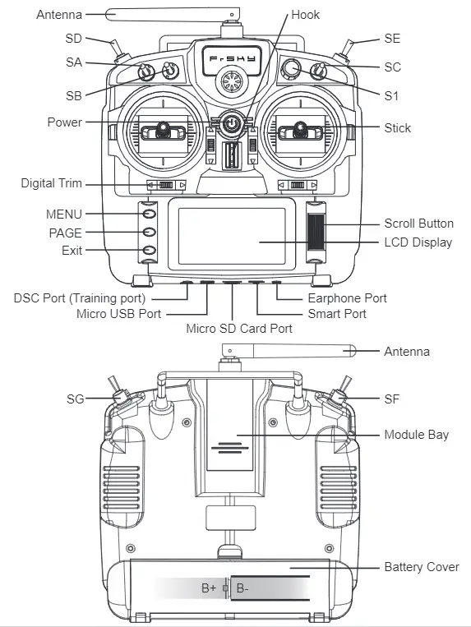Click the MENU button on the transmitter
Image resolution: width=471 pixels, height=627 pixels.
point(149,214)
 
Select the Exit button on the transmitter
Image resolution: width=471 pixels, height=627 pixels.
point(149,250)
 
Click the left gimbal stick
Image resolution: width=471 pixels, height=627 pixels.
point(163,128)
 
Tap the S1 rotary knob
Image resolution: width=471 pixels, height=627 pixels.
point(292,68)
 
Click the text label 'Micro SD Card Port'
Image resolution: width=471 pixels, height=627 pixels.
point(238,329)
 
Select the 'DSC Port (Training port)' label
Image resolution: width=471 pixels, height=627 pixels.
point(80,297)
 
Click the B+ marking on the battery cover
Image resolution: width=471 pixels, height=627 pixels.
point(209,588)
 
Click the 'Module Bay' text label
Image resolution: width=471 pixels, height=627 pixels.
point(416,434)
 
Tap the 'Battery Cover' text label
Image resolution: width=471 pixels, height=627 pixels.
point(421,567)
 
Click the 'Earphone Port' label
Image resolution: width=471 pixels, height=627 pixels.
point(347,297)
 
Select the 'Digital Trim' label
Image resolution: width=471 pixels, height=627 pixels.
point(52,183)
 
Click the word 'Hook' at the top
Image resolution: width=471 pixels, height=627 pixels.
point(305,15)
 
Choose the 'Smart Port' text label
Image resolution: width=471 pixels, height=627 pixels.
point(337,314)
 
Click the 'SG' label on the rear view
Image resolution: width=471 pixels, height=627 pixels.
point(76,399)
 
